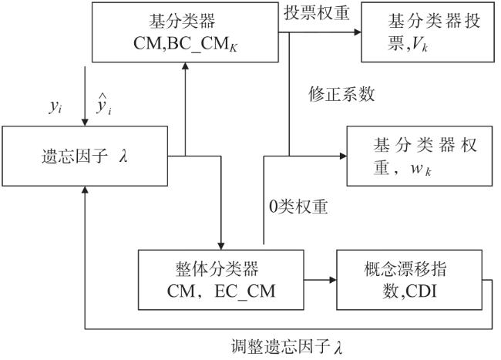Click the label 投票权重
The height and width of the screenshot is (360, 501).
tap(316, 13)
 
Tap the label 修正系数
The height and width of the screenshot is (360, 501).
tap(341, 94)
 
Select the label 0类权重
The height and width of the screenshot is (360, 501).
tap(298, 207)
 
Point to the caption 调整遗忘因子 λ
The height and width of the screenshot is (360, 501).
tap(287, 347)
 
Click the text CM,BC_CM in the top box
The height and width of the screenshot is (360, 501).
tap(185, 44)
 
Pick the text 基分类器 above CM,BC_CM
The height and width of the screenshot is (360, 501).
tap(182, 21)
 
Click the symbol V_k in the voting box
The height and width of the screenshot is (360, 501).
tap(420, 44)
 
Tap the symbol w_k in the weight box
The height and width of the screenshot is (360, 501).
tap(421, 168)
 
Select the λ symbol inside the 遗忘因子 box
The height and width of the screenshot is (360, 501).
tap(123, 156)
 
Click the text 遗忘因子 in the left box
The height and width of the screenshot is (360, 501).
tap(75, 156)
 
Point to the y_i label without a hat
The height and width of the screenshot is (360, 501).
tap(55, 106)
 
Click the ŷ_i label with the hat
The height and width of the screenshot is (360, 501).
tap(104, 105)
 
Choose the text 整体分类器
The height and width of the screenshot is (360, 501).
tap(217, 269)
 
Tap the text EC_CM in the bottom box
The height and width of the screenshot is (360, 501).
tap(245, 291)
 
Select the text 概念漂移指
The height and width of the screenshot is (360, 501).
tap(405, 269)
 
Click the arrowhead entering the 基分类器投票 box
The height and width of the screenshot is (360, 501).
tap(358, 32)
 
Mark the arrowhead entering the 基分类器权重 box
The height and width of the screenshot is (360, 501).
tap(343, 156)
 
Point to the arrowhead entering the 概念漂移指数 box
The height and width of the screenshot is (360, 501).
tap(333, 280)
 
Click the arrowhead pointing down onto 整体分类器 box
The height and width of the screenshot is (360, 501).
tap(220, 246)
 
